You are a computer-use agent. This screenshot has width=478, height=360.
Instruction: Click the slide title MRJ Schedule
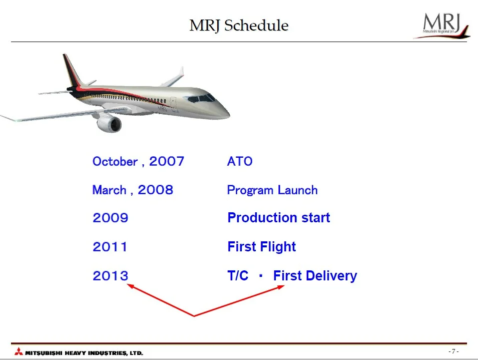(x=239, y=26)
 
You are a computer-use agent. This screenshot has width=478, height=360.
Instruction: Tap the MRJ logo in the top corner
(x=441, y=26)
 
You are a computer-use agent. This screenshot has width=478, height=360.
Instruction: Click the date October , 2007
(x=139, y=161)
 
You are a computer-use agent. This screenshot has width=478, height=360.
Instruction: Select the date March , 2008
(x=133, y=190)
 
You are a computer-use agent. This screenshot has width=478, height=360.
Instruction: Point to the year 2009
(x=110, y=218)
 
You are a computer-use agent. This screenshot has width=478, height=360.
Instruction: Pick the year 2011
(x=110, y=247)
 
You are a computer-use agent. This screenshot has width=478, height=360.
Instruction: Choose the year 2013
(x=110, y=275)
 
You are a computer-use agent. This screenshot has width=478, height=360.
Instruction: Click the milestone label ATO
(x=240, y=161)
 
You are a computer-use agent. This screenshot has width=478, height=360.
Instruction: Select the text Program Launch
(x=272, y=190)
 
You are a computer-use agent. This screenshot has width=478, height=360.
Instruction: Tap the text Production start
(x=279, y=218)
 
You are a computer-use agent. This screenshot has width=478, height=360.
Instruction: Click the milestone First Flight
(x=262, y=247)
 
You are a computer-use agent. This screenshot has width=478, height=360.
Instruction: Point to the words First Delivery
(x=315, y=275)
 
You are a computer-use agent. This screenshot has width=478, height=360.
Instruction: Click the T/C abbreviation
(x=238, y=275)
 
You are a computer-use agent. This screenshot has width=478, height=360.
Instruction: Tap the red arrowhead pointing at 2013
(x=131, y=286)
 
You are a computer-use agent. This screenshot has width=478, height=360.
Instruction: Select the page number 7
(x=453, y=351)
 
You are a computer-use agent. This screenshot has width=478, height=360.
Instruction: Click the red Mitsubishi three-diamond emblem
(x=19, y=351)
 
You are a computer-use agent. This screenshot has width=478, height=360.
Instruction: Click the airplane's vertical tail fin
(x=72, y=71)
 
